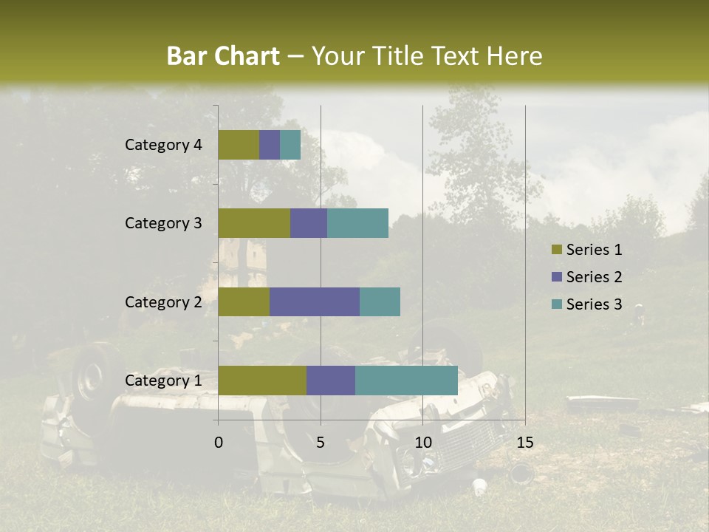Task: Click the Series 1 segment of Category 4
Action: [x=239, y=145]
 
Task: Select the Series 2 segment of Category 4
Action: [x=270, y=145]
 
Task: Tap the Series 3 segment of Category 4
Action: [x=290, y=145]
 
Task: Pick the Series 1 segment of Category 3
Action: [x=254, y=223]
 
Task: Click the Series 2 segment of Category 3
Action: [x=309, y=223]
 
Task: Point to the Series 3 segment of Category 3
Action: [x=357, y=223]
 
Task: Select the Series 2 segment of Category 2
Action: [x=315, y=301]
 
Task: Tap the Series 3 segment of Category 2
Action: [x=380, y=301]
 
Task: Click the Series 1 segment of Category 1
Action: [x=262, y=380]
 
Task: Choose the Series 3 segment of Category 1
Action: [x=406, y=380]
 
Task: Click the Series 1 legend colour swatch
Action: [x=556, y=250]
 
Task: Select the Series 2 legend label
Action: [x=594, y=277]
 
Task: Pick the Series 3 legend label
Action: [x=594, y=304]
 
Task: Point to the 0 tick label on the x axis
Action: [x=219, y=443]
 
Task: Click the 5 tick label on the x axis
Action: [x=321, y=443]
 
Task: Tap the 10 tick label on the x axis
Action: [x=422, y=443]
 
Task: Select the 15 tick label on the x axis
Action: [x=524, y=443]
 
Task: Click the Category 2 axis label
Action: [x=163, y=301]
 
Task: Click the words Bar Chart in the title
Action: [x=223, y=56]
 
